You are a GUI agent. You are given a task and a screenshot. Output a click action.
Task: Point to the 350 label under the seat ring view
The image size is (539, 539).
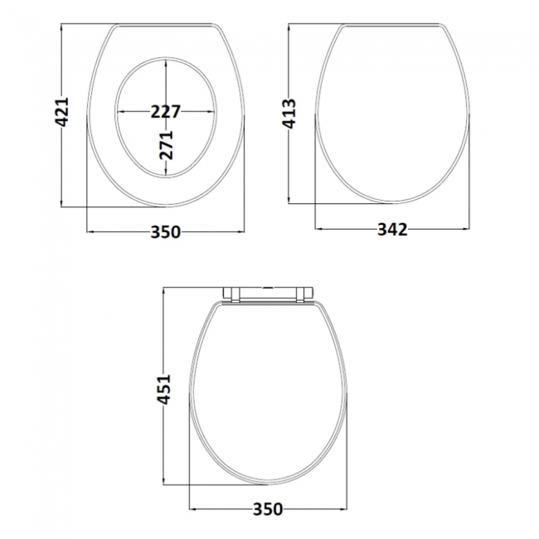click(166, 233)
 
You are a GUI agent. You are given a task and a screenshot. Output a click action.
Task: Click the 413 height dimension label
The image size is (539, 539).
click(289, 113)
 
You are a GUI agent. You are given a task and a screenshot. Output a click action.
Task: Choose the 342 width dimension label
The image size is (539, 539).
click(392, 230)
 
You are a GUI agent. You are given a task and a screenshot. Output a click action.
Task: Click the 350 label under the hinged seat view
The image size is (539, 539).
click(268, 508)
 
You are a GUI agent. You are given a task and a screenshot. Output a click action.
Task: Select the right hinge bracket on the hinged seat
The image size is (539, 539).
click(303, 292)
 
